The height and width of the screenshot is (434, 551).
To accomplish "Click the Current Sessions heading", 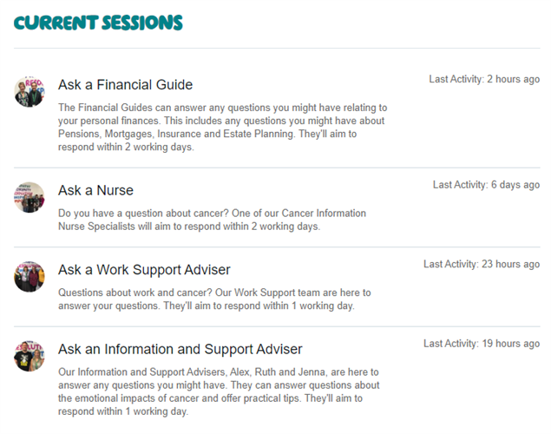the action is pyautogui.click(x=98, y=23).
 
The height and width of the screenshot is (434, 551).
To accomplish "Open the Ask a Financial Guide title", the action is pyautogui.click(x=126, y=85).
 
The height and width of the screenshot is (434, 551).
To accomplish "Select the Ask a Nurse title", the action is pyautogui.click(x=96, y=190).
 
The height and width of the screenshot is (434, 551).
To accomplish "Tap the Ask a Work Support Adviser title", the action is pyautogui.click(x=144, y=270).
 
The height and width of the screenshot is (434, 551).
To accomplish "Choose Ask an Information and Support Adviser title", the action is pyautogui.click(x=180, y=349).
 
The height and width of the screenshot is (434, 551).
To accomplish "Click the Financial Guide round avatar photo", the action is pyautogui.click(x=30, y=92).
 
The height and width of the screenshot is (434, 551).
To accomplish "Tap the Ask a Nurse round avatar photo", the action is pyautogui.click(x=30, y=197).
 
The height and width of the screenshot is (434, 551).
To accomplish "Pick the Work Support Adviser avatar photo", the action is pyautogui.click(x=30, y=277).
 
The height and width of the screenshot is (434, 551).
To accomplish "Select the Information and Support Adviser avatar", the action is pyautogui.click(x=30, y=356).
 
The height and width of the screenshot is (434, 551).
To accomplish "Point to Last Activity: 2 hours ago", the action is pyautogui.click(x=484, y=79).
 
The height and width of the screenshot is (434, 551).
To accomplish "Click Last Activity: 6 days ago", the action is pyautogui.click(x=486, y=185).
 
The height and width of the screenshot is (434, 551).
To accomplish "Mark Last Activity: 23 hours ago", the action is pyautogui.click(x=482, y=264).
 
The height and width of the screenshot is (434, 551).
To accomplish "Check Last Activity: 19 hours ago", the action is pyautogui.click(x=482, y=344).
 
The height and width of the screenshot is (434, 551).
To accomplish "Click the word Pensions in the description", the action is pyautogui.click(x=79, y=134).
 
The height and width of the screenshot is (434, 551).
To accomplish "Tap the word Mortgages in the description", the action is pyautogui.click(x=129, y=135).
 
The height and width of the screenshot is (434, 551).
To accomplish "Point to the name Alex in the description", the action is pyautogui.click(x=240, y=372).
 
